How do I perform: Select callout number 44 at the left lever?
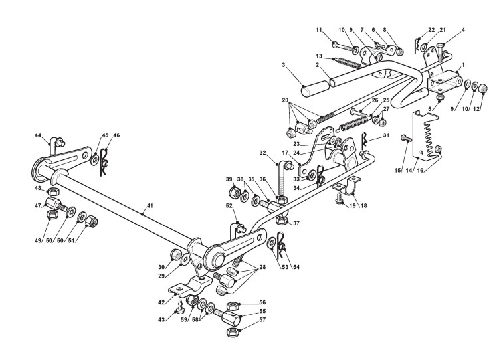tap(38, 135)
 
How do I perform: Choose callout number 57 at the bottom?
tap(262, 320)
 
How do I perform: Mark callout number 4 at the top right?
tap(463, 30)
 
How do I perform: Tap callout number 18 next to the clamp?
tap(363, 207)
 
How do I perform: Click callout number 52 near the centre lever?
tap(229, 205)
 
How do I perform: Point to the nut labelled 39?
tap(234, 193)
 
